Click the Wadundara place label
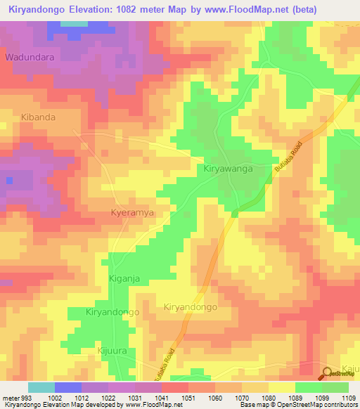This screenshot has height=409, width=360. pyautogui.click(x=30, y=56)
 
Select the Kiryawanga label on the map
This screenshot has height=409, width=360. pyautogui.click(x=227, y=169)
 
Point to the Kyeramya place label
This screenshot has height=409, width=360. pyautogui.click(x=132, y=212)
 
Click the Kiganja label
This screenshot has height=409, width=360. pyautogui.click(x=125, y=278)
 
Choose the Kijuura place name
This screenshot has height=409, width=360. pyautogui.click(x=112, y=349)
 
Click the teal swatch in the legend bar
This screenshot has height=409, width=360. pyautogui.click(x=41, y=387)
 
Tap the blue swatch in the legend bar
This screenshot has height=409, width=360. pyautogui.click(x=67, y=387)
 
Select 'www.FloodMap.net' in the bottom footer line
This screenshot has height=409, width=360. pyautogui.click(x=141, y=405)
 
